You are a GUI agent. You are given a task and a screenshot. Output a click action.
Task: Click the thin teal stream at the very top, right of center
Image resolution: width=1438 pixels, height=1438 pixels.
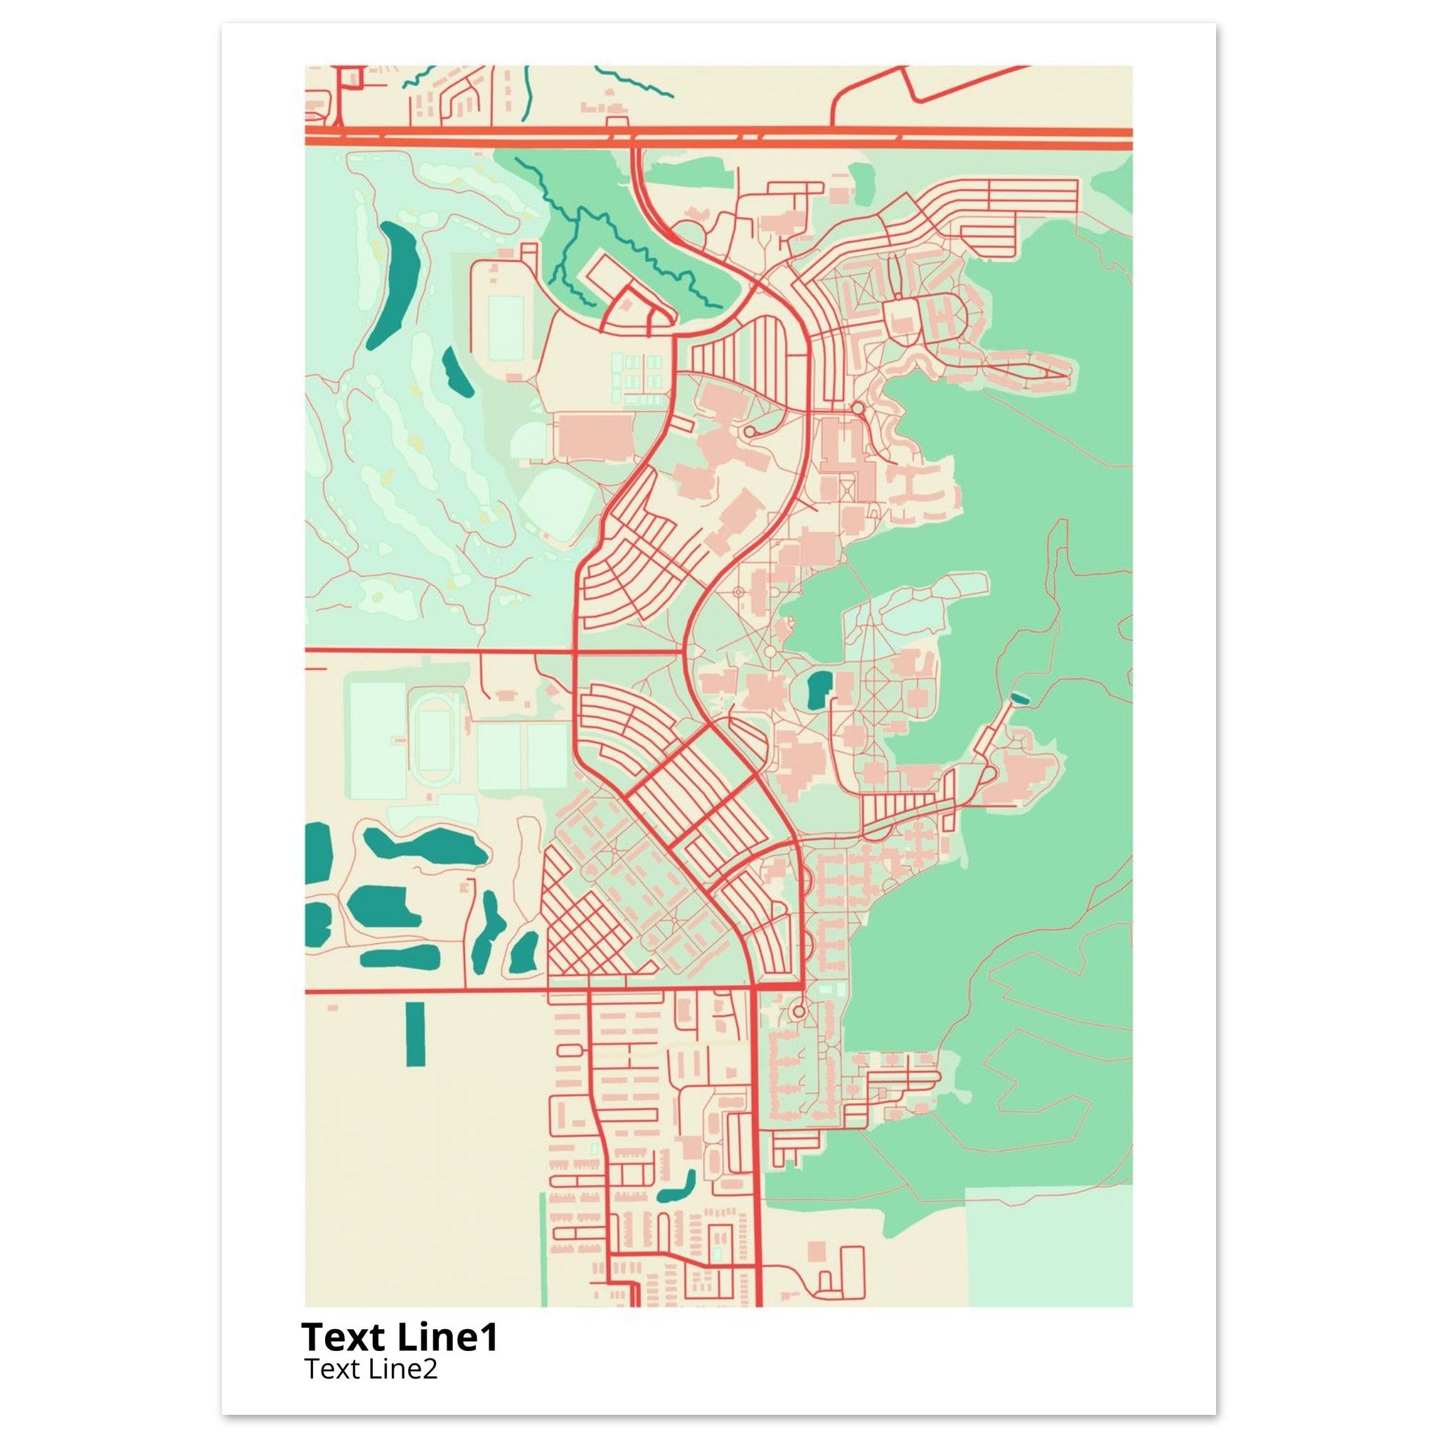(x=633, y=79)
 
